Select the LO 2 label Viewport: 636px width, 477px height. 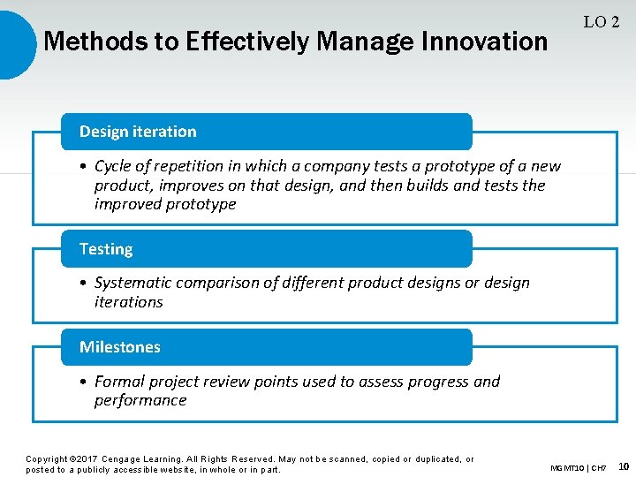601,22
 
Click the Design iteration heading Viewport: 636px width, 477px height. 138,132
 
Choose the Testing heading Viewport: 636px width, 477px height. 106,249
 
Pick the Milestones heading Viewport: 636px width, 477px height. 120,347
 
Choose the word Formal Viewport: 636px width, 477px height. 119,382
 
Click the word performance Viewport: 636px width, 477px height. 140,400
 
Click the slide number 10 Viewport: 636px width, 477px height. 624,466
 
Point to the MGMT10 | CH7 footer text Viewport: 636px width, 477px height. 579,467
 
